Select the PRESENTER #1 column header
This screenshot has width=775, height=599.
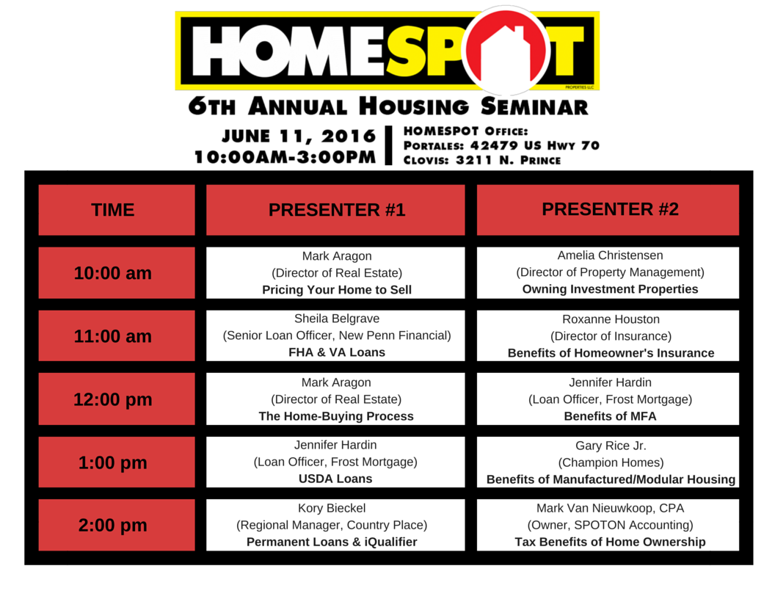[336, 210]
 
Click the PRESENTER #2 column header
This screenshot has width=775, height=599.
[609, 209]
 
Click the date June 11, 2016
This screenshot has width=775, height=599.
[299, 137]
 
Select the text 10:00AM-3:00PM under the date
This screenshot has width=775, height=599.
[285, 157]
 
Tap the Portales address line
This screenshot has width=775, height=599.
[501, 145]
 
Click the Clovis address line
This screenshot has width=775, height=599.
[482, 160]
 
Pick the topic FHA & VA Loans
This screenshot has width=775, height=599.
[336, 352]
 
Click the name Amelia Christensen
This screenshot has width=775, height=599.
[609, 255]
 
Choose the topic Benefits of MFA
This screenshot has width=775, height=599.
[609, 416]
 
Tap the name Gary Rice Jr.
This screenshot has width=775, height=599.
[609, 446]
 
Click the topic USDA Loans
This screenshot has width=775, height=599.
[336, 479]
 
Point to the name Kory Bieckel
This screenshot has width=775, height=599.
[332, 508]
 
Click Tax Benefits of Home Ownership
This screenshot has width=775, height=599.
[609, 542]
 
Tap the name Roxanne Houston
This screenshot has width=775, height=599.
[610, 319]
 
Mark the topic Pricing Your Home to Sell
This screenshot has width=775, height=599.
[336, 289]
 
